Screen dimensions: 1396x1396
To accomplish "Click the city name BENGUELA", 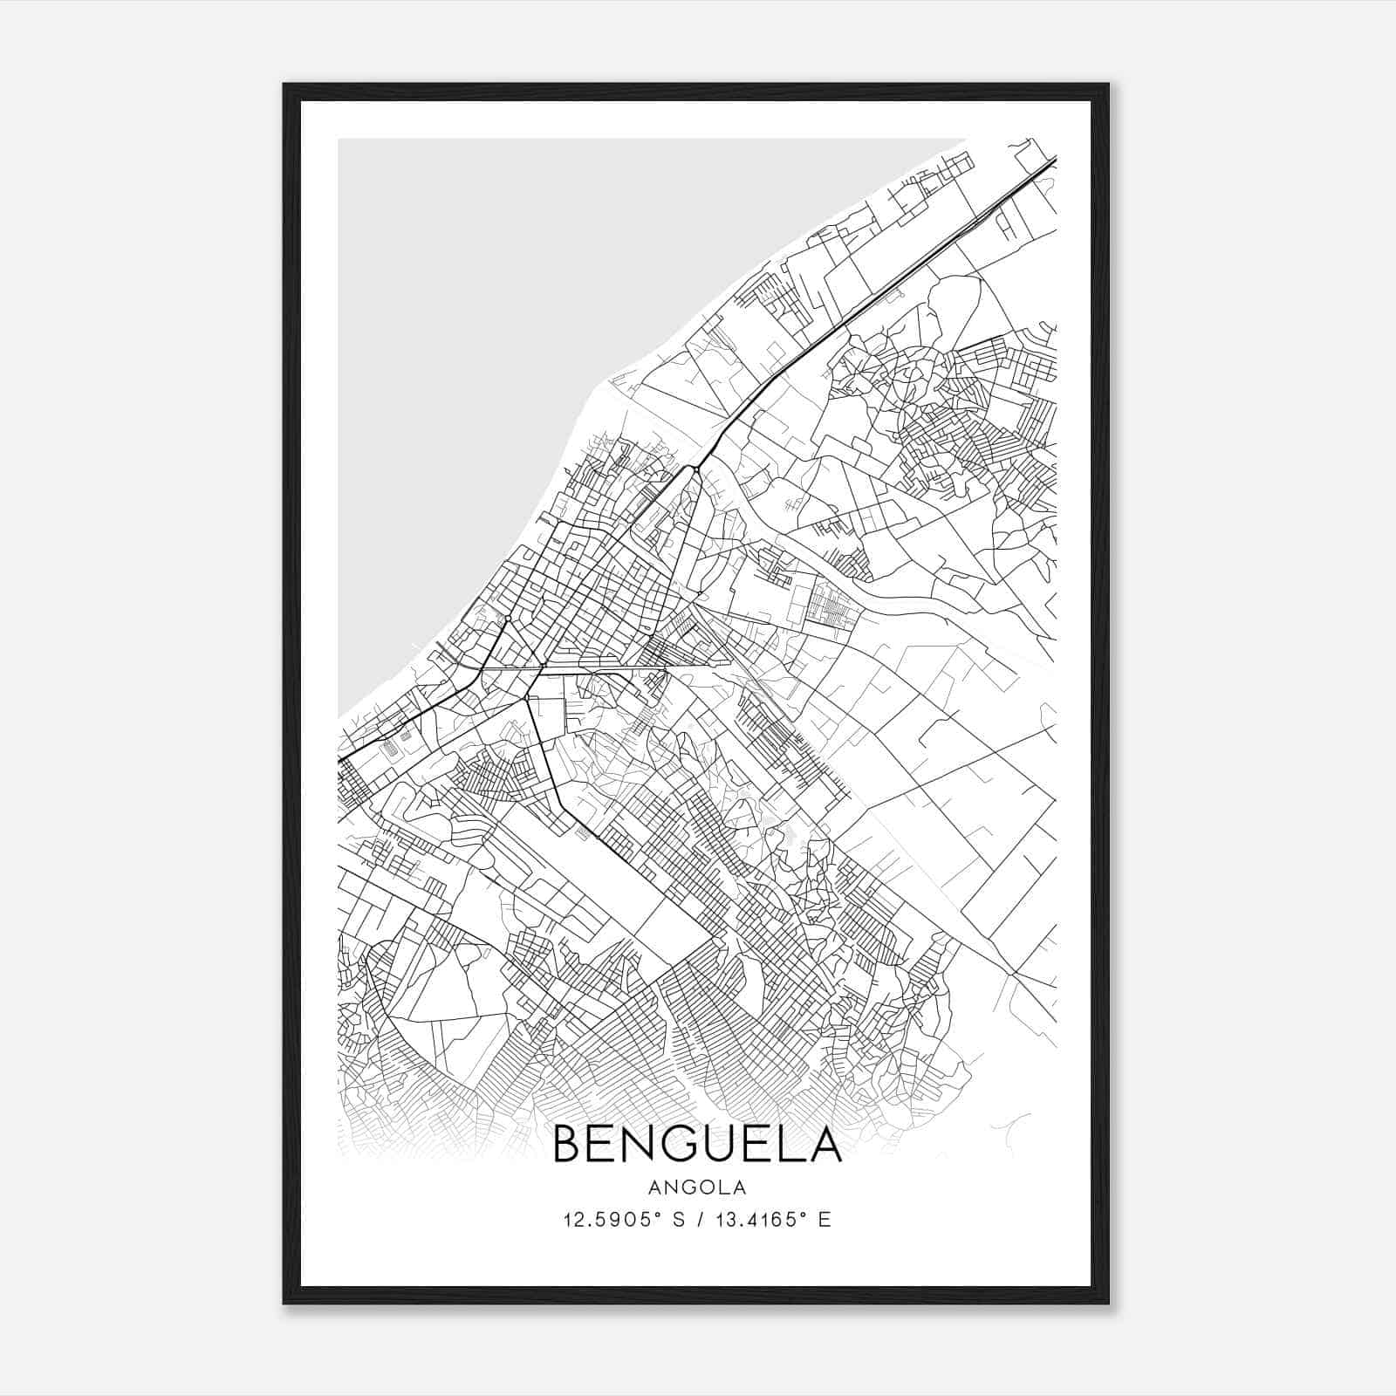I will [x=697, y=1144].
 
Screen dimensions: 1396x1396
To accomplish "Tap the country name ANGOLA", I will [x=697, y=1187].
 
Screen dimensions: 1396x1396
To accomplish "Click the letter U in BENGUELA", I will [x=719, y=1144].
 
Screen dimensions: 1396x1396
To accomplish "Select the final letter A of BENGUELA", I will [x=825, y=1144].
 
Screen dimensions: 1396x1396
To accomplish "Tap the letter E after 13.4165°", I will [x=824, y=1219].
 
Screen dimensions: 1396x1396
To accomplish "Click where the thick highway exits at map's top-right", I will [x=1055, y=159].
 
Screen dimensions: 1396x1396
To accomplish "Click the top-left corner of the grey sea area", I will [x=340, y=140].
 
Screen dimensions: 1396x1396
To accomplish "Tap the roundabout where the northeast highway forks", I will [x=695, y=469].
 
